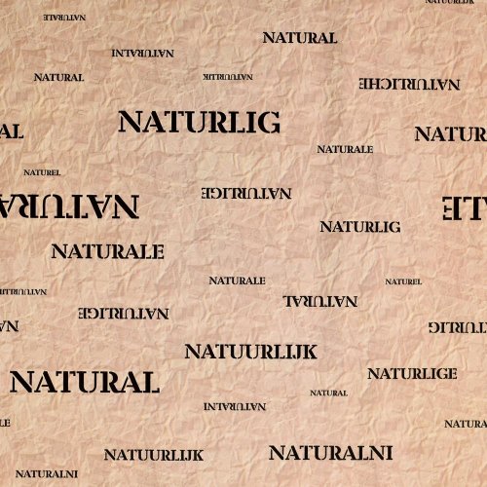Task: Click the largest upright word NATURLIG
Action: [x=199, y=122]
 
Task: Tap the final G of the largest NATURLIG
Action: [x=269, y=122]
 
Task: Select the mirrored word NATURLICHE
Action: [x=409, y=84]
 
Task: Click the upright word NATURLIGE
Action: [x=412, y=373]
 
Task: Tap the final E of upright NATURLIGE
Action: [x=452, y=373]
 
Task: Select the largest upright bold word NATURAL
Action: [x=84, y=382]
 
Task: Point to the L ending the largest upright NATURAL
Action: [x=148, y=382]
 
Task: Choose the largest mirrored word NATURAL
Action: [x=68, y=206]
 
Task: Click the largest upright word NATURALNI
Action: [x=330, y=453]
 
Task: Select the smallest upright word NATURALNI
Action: [x=46, y=473]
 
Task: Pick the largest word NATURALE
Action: [x=107, y=251]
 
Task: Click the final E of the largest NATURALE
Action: [x=156, y=251]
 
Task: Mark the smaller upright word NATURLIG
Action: [x=359, y=226]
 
